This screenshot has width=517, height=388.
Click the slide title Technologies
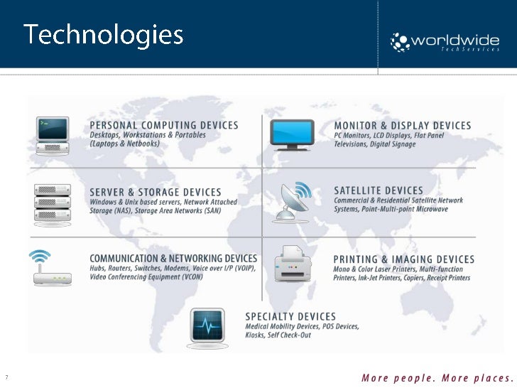104,34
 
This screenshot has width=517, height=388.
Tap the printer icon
293,265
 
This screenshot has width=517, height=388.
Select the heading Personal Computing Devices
164,126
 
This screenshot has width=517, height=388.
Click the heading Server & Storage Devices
156,193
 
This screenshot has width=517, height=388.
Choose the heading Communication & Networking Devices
173,259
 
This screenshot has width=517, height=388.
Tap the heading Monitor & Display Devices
402,126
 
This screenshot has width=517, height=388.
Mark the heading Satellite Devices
379,190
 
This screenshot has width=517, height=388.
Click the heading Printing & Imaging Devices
403,259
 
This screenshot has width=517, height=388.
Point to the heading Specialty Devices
290,316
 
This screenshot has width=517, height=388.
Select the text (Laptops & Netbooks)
125,144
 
